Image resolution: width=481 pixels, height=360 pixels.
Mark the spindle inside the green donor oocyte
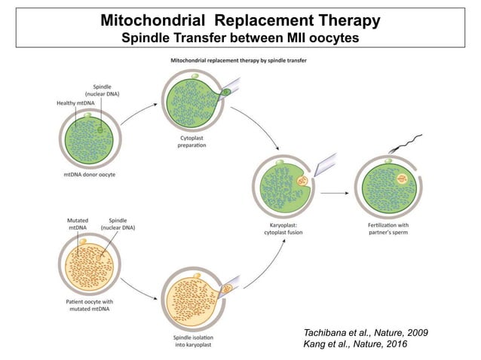click(x=100, y=129)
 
